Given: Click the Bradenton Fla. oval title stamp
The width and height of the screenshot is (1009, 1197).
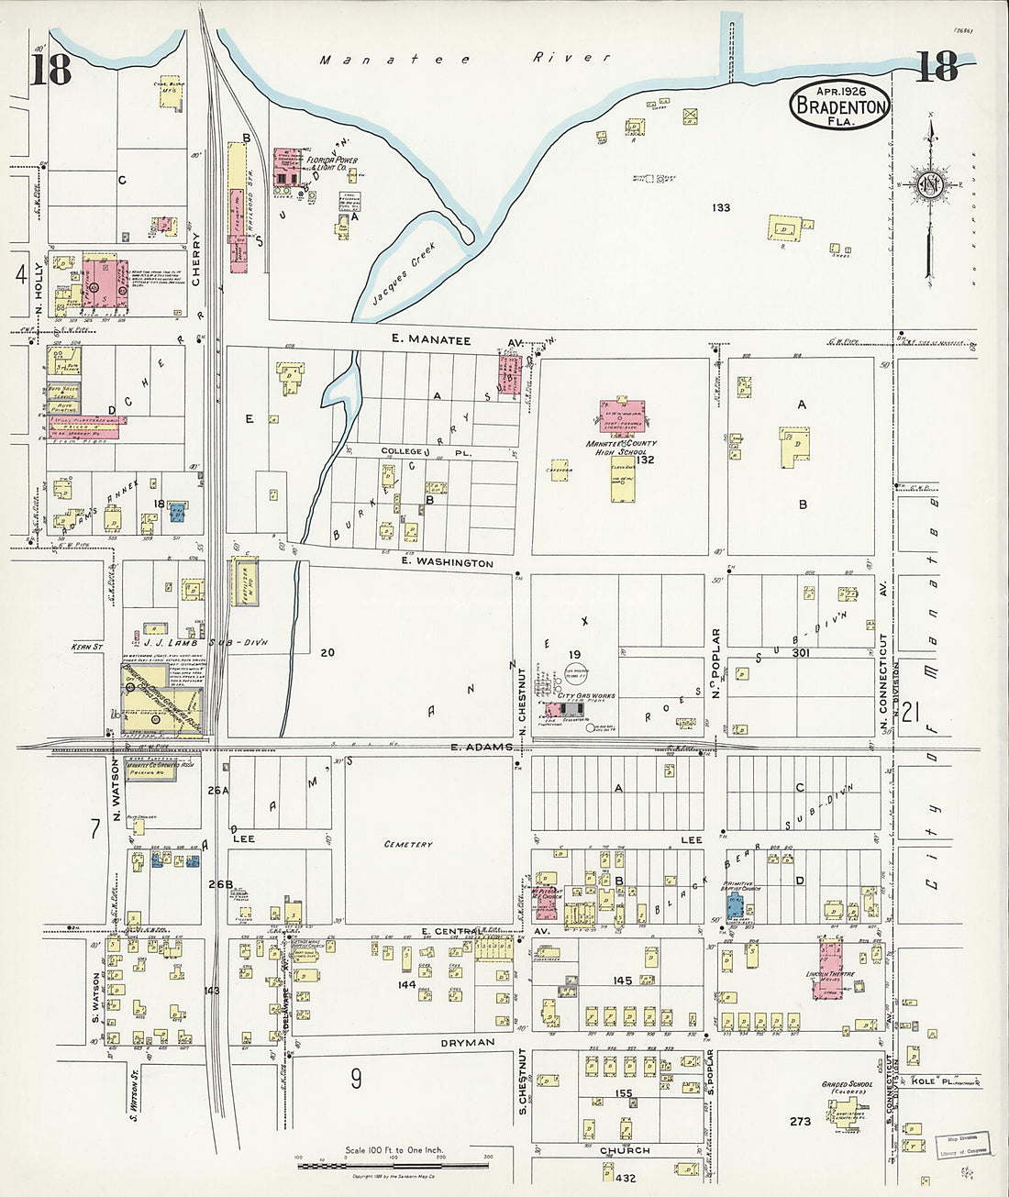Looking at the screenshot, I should (x=840, y=105).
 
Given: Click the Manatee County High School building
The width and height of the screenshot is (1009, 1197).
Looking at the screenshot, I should (x=622, y=416).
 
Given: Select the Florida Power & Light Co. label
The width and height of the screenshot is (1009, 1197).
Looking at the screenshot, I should (x=319, y=163).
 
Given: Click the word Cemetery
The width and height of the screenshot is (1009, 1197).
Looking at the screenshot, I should (x=408, y=844).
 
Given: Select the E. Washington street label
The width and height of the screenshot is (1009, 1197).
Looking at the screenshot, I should (x=447, y=562).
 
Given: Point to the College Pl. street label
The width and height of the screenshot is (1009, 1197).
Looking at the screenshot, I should (x=414, y=451).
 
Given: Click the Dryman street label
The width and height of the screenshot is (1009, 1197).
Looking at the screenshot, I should (x=468, y=1042).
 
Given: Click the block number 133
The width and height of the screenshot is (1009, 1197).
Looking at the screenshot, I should (x=721, y=208).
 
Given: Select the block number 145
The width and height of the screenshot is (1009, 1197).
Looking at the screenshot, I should (x=623, y=981).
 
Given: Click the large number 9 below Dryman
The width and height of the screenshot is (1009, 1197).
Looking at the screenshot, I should (x=356, y=1079).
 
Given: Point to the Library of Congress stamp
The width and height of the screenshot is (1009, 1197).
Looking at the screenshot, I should (x=962, y=1145).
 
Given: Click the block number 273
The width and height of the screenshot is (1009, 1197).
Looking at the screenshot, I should (x=800, y=1121).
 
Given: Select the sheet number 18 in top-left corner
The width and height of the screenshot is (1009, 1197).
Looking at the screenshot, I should (x=51, y=70).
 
